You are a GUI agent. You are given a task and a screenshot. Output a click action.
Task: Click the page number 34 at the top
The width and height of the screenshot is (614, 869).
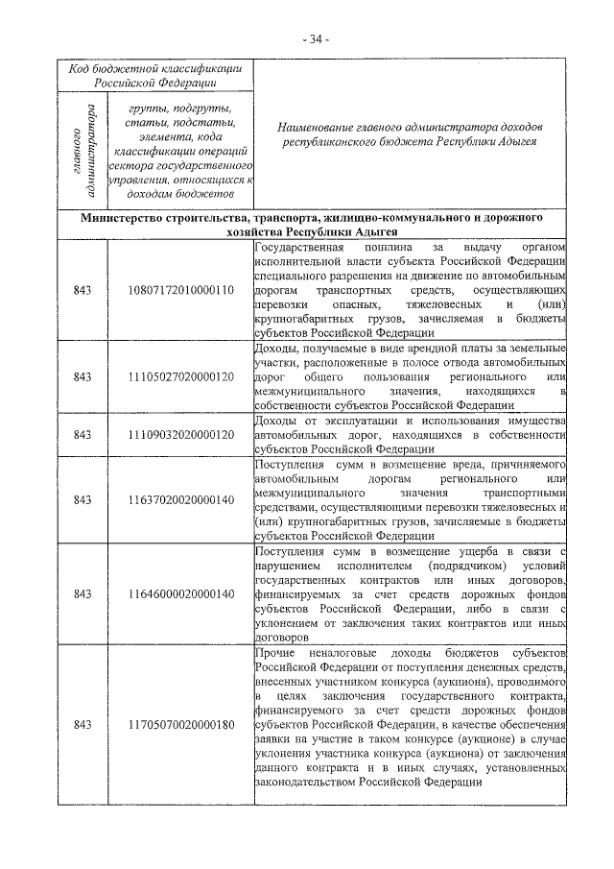(314, 39)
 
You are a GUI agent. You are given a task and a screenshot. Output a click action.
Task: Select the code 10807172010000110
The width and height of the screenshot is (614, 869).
(180, 290)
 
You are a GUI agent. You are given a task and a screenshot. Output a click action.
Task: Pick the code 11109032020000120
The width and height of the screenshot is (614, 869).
(180, 434)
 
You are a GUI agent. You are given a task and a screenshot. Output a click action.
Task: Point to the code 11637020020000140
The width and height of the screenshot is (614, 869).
(180, 499)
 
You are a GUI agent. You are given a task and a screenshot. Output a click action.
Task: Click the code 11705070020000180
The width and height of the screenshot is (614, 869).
(180, 723)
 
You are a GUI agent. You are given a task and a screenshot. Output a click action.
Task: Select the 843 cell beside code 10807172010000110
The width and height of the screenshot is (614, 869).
(83, 290)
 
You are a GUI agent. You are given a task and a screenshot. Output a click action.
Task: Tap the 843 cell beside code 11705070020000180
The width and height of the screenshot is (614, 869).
(83, 723)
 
